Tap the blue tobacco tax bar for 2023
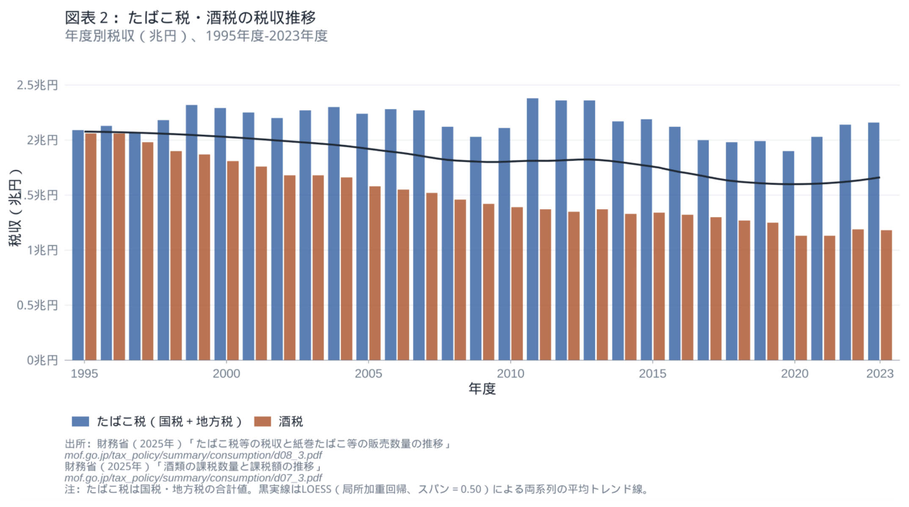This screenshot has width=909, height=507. pos(873,241)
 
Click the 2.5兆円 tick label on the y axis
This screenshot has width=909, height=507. pos(37,85)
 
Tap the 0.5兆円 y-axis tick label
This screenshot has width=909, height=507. pos(37,305)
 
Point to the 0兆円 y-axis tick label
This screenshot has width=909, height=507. pos(42,360)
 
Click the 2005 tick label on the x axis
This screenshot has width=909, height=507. pos(368,374)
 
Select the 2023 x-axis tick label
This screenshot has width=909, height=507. pos(880,374)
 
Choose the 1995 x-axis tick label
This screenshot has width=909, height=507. pos(84,374)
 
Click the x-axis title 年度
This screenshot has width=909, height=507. pos(482,389)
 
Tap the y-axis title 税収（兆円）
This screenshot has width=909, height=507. pos(15,207)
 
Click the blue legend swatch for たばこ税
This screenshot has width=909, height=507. pos(80,422)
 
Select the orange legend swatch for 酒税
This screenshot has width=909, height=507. pos(262,422)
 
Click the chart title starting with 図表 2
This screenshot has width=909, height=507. pos(190,18)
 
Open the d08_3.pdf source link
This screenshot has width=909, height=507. pos(193,455)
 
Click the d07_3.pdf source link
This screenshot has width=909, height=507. pos(193,478)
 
